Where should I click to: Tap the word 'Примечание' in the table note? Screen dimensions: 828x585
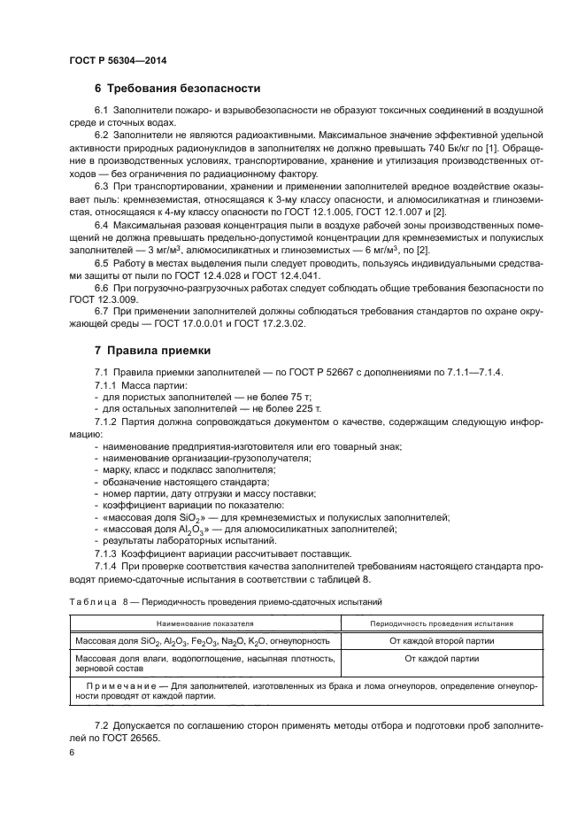[x=122, y=685]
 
